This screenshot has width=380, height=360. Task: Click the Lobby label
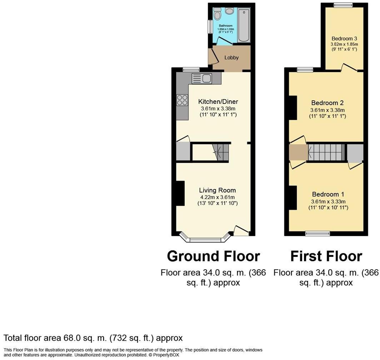point(231,57)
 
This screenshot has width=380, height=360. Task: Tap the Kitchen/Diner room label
point(219,102)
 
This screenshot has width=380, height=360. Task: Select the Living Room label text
point(217,190)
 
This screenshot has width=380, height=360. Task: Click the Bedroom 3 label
point(344,39)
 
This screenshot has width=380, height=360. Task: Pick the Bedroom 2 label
point(327,103)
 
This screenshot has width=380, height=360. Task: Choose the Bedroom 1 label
point(328,194)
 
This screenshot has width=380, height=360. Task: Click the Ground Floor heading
point(213,256)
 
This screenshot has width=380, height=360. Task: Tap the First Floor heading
point(326,256)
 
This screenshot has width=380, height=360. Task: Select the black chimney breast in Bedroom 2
point(293,107)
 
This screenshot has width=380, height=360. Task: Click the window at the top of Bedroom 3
point(343,5)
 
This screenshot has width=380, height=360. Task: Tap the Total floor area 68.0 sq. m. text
point(93,338)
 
